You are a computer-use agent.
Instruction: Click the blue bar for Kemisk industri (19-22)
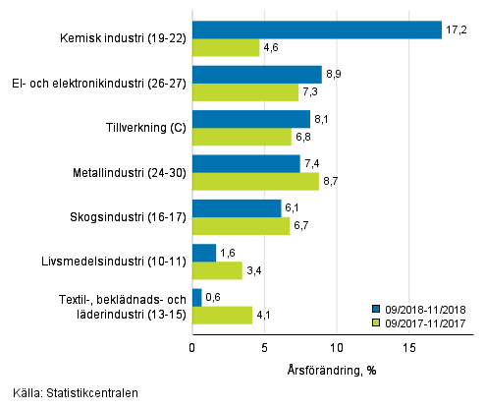pyautogui.click(x=316, y=29)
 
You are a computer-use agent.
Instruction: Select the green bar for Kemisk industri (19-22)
pyautogui.click(x=226, y=47)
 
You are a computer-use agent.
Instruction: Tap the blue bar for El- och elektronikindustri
pyautogui.click(x=256, y=74)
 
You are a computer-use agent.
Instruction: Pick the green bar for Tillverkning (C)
pyautogui.click(x=242, y=137)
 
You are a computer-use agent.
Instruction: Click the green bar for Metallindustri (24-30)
pyautogui.click(x=255, y=181)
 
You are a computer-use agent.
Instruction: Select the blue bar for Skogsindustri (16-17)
pyautogui.click(x=236, y=208)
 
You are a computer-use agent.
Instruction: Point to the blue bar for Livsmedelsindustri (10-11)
pyautogui.click(x=203, y=253)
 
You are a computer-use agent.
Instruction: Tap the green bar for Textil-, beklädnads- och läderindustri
pyautogui.click(x=221, y=315)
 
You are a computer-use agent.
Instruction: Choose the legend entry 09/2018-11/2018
pyautogui.click(x=424, y=308)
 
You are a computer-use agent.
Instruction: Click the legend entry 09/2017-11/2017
pyautogui.click(x=424, y=321)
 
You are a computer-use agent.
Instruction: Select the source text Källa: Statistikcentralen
pyautogui.click(x=71, y=393)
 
